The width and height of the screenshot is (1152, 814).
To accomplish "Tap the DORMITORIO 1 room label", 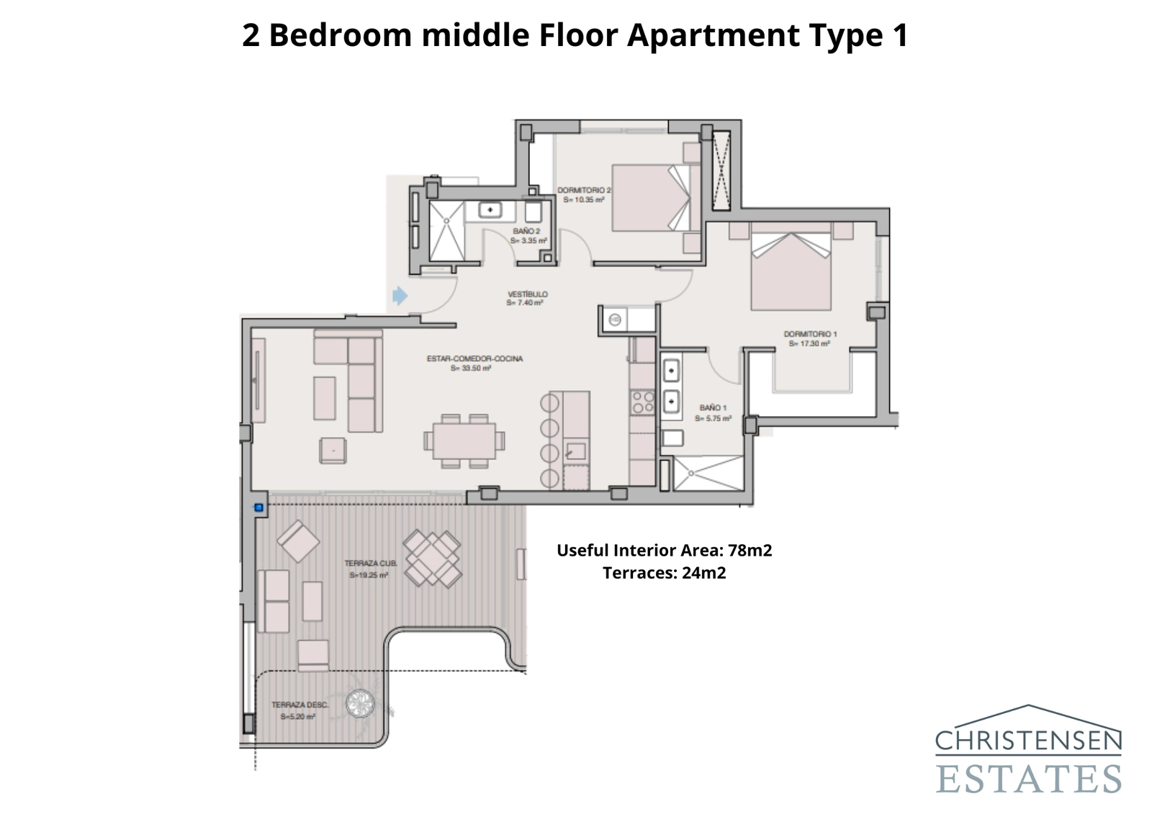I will click(810, 338).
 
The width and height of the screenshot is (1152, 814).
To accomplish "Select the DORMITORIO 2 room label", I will click(584, 195).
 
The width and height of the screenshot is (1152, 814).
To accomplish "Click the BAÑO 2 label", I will click(528, 235).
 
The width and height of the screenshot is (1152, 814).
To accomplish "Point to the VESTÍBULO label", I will click(527, 298).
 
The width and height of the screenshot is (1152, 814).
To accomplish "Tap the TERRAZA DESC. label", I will click(300, 710).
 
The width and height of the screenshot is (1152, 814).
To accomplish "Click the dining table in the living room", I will click(464, 440).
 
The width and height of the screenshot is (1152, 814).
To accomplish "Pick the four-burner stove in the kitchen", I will click(642, 403).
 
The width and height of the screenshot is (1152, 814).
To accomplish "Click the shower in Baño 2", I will click(447, 230).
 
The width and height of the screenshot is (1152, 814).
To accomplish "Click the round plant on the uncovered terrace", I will click(360, 703).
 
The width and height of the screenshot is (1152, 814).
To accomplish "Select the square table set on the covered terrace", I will click(432, 559).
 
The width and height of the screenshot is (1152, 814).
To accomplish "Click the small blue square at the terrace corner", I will click(258, 508).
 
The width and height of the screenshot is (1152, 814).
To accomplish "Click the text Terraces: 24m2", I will click(664, 573).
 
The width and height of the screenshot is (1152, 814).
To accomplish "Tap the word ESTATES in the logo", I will click(1028, 778).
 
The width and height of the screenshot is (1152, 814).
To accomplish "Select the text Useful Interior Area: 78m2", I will click(664, 551).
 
